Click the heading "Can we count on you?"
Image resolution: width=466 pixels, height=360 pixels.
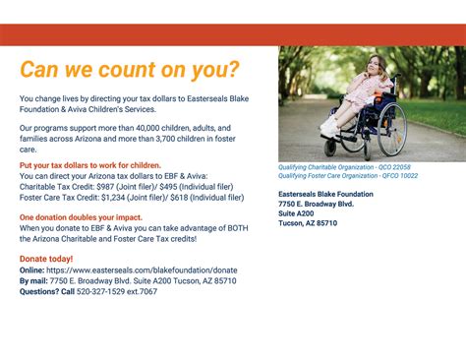[x=130, y=70]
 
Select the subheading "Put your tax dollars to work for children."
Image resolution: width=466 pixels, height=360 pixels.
[x=90, y=165]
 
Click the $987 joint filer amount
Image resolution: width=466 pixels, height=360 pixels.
[x=120, y=186]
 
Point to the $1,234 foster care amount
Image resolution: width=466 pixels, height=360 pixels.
[x=122, y=196]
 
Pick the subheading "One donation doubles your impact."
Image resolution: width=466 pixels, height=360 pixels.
[x=81, y=216]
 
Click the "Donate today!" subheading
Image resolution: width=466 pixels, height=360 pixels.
[x=46, y=258]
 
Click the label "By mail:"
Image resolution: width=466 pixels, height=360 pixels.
[x=33, y=280]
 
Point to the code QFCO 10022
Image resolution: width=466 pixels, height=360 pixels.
[x=398, y=176]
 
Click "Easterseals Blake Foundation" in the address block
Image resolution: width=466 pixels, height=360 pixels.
[x=325, y=194]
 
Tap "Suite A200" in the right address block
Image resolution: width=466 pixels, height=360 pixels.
[x=297, y=213]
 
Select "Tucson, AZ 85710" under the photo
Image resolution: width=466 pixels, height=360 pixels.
[x=308, y=223]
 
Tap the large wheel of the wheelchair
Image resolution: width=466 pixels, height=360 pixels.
[x=390, y=128]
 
